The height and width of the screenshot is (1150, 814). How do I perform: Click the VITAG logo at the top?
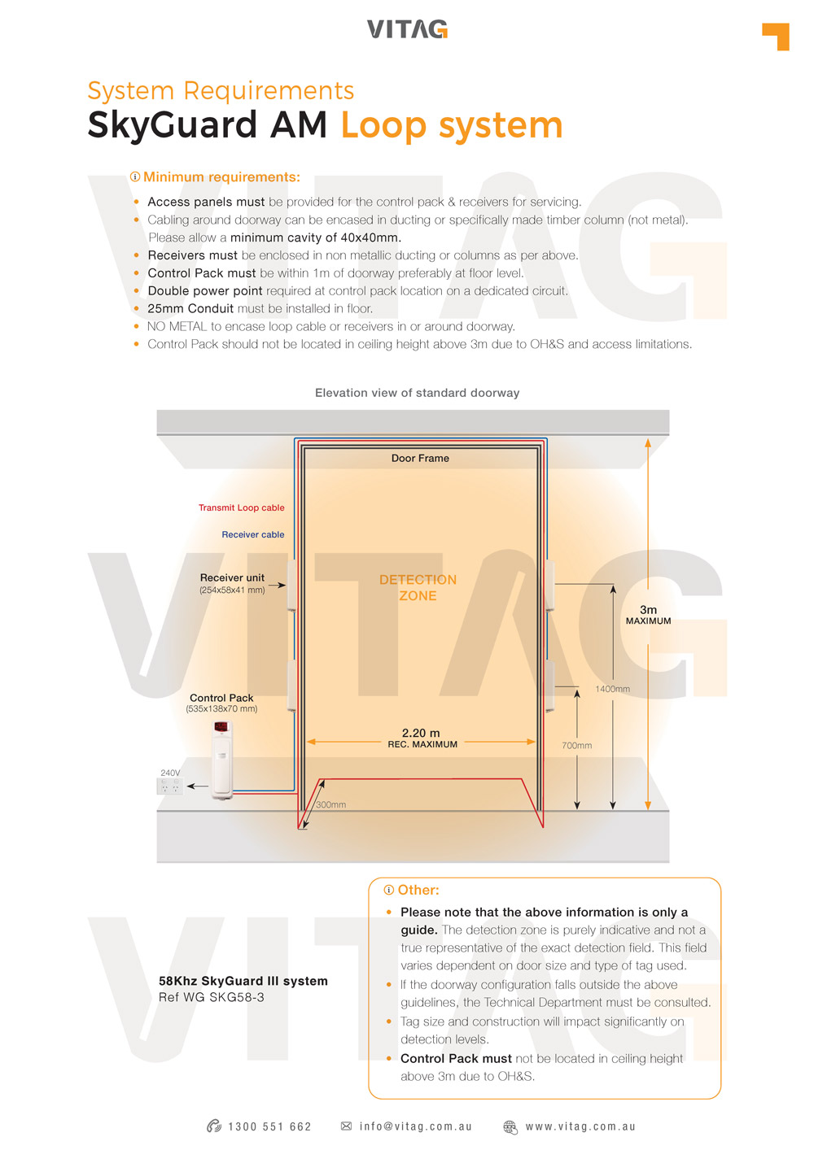click(x=407, y=29)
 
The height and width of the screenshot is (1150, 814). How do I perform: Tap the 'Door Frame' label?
click(x=420, y=459)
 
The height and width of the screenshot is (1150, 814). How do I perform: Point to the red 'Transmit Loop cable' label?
click(x=242, y=508)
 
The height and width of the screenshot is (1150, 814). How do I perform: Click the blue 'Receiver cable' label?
click(x=253, y=535)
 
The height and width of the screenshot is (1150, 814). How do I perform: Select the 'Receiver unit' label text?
click(x=232, y=578)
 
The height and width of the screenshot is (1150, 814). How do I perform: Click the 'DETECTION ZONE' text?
click(x=418, y=588)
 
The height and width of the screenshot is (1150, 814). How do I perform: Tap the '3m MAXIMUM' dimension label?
click(x=648, y=615)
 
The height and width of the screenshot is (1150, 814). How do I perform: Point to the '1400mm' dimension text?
click(x=612, y=690)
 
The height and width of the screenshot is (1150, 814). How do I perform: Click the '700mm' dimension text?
click(x=576, y=746)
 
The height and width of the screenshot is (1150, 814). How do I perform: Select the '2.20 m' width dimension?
click(x=421, y=734)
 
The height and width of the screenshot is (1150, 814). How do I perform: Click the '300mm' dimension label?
click(x=331, y=805)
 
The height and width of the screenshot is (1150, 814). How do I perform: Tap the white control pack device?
click(x=221, y=759)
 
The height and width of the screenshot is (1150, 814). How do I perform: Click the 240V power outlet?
click(x=169, y=786)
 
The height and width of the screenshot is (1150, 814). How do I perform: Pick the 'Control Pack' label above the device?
click(x=221, y=699)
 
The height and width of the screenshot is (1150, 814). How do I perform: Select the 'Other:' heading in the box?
click(x=418, y=891)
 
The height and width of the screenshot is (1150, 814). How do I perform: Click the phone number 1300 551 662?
click(x=269, y=1127)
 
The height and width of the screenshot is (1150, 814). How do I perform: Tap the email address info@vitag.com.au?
click(x=415, y=1127)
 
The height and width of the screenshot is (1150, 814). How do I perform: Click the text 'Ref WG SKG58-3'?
click(x=212, y=998)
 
